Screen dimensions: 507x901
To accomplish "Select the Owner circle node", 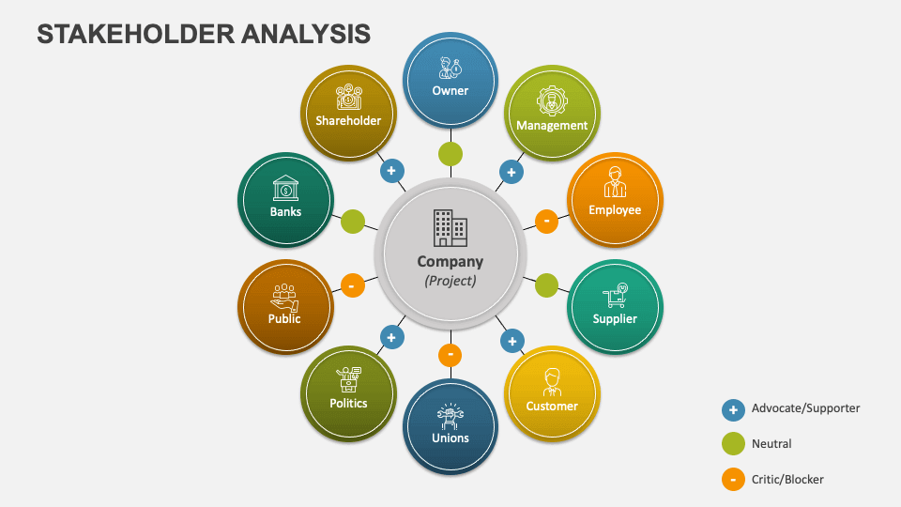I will click(450, 80).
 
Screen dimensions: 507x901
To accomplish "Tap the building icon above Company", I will click(450, 228).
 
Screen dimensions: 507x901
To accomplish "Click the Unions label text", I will click(450, 438).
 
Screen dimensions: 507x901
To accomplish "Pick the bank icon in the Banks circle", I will click(285, 190).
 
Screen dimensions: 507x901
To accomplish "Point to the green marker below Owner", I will click(450, 154).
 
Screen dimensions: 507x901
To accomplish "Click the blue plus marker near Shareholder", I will click(391, 171).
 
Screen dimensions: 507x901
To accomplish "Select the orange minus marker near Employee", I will click(546, 221).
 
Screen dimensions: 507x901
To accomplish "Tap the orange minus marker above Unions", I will click(450, 355).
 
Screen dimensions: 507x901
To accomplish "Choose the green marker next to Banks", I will click(353, 222).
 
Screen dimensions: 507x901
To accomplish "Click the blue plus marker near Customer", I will click(512, 341).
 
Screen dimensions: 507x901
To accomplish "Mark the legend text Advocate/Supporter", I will click(805, 408).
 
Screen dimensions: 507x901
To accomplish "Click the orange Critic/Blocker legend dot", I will click(733, 480).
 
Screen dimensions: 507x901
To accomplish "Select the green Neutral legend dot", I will click(733, 444).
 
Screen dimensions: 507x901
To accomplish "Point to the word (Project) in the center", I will click(450, 280).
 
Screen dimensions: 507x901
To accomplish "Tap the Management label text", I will click(552, 125).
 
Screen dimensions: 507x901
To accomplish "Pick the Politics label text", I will click(348, 403).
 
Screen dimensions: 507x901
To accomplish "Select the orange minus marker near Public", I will click(352, 284).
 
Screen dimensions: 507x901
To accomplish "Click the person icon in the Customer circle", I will click(552, 382).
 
